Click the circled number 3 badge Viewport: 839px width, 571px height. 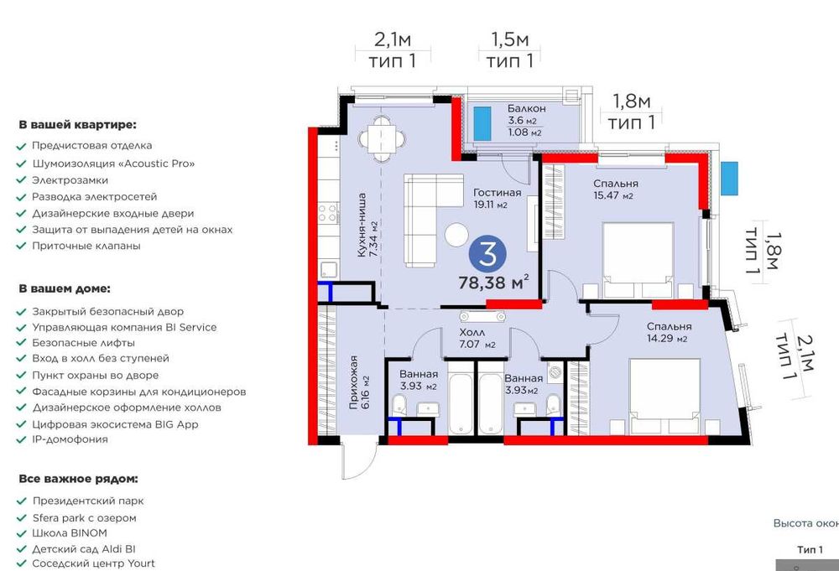[x=487, y=254]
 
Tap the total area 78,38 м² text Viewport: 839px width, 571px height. [x=494, y=282]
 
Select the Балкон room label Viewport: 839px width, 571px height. [x=527, y=108]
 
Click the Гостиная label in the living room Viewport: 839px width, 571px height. [x=497, y=193]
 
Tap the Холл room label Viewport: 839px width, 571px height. [x=472, y=333]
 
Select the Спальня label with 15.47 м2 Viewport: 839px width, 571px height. [x=615, y=184]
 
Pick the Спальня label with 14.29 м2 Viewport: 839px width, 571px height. [x=669, y=326]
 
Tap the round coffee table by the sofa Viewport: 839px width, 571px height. [x=456, y=234]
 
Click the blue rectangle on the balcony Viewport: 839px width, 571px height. [x=482, y=123]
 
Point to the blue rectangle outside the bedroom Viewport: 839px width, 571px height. [x=729, y=178]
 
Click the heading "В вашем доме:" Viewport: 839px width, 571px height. [x=65, y=288]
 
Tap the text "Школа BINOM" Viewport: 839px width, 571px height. [x=70, y=533]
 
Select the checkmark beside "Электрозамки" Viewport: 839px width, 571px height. [x=22, y=181]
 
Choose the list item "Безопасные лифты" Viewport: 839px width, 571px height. [x=83, y=343]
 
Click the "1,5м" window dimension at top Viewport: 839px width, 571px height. [x=510, y=39]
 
